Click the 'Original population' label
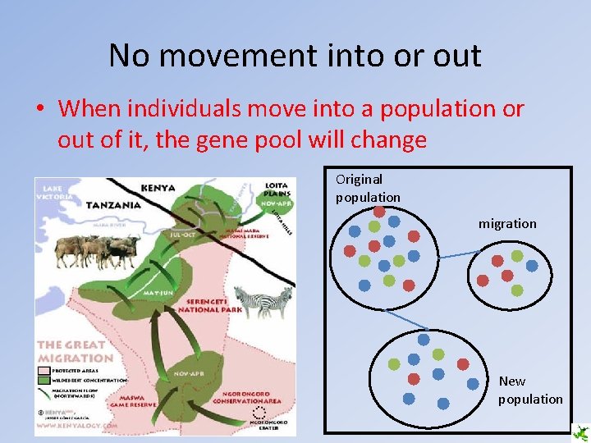367,188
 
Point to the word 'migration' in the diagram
507,223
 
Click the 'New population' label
529,390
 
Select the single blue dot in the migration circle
532,266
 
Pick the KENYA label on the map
158,188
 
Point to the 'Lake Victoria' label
53,192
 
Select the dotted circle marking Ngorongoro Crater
259,412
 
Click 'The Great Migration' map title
75,352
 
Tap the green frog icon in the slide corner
581,433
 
